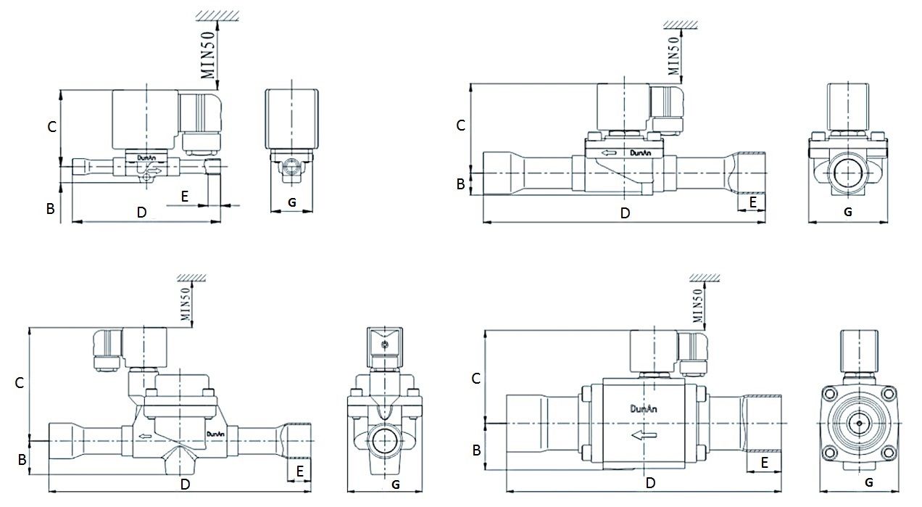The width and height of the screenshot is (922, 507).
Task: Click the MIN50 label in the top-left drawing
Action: (208, 55)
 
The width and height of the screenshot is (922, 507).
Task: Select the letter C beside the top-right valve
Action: (461, 125)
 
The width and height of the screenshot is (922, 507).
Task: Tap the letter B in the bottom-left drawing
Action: (22, 460)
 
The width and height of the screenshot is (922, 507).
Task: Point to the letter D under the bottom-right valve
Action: (650, 482)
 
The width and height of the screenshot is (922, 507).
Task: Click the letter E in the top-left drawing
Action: (185, 197)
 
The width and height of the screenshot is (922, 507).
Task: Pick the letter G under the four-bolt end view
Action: (869, 482)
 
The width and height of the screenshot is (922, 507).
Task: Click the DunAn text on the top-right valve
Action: (641, 153)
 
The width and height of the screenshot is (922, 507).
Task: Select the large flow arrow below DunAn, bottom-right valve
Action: (644, 434)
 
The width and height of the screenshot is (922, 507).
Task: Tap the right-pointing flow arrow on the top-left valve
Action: (155, 170)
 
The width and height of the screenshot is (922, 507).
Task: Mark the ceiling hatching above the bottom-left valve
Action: (191, 277)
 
